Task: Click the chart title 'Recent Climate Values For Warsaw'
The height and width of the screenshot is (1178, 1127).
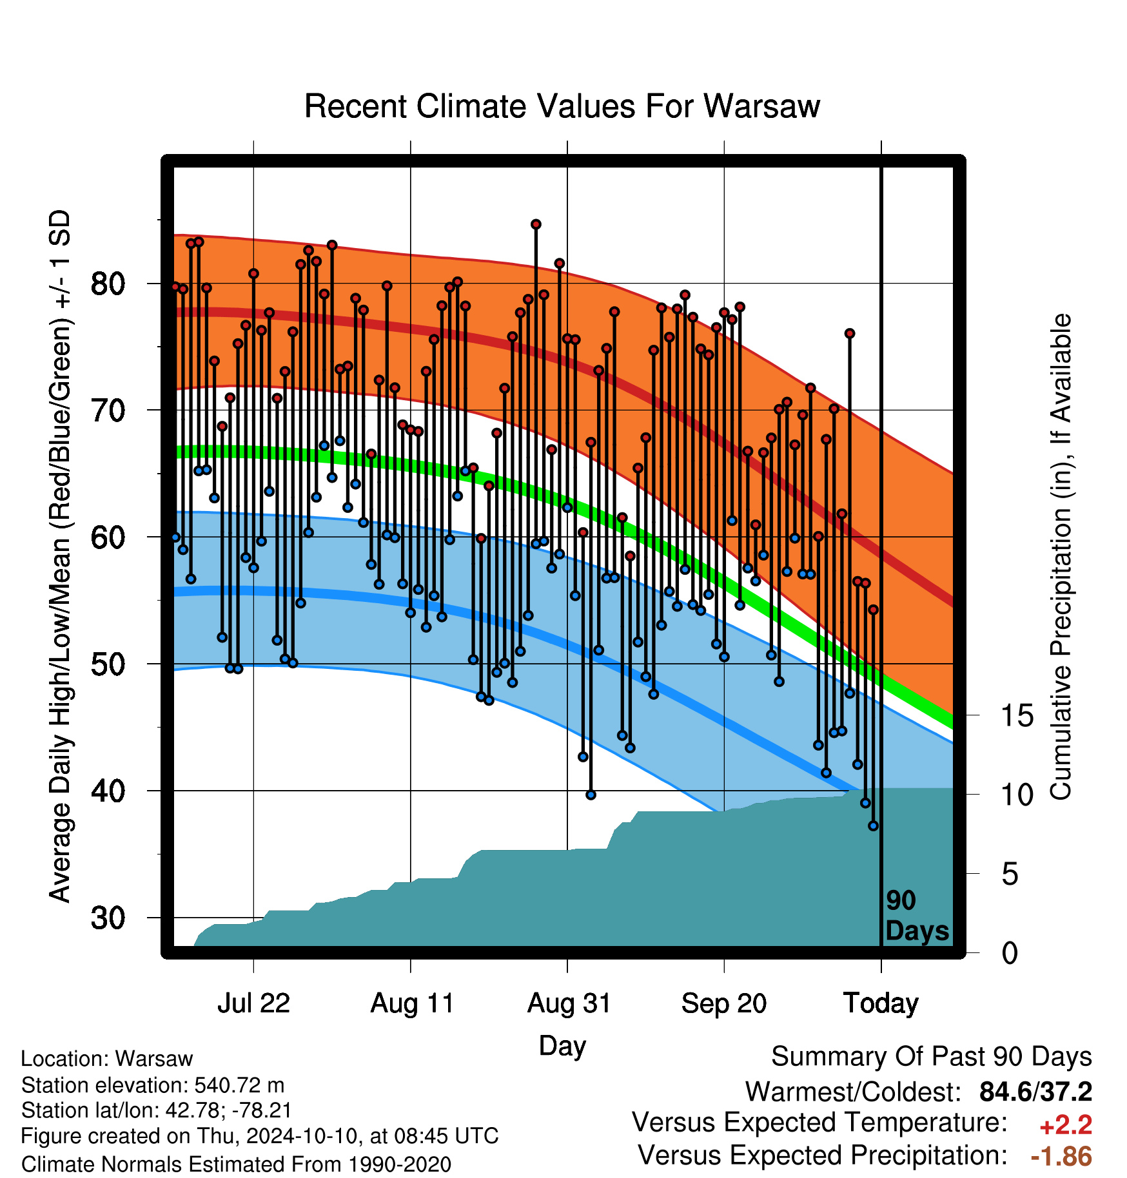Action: point(562,106)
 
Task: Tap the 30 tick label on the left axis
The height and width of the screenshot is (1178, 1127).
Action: point(108,918)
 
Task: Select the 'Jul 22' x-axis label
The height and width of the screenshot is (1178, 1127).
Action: point(253,1003)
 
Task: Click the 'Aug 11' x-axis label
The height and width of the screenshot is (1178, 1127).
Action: point(412,1003)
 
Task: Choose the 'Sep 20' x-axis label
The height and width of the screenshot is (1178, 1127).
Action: point(724,1003)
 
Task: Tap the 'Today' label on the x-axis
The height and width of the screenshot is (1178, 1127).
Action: point(881,1003)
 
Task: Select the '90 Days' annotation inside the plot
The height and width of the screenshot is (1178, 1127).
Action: point(917,916)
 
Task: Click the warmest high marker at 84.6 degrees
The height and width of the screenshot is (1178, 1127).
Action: point(536,224)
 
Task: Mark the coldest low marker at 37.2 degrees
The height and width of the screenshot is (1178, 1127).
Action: point(873,826)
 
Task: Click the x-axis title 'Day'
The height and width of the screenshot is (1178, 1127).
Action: point(562,1046)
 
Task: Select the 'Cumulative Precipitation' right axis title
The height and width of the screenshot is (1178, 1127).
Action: point(1061,557)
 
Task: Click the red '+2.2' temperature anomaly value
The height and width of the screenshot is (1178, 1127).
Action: point(1065,1125)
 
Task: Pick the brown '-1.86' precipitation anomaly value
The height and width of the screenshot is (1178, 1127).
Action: point(1061,1157)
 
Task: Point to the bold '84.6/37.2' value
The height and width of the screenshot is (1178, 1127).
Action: point(1035,1092)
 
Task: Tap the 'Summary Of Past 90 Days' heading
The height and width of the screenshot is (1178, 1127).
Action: point(932,1057)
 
